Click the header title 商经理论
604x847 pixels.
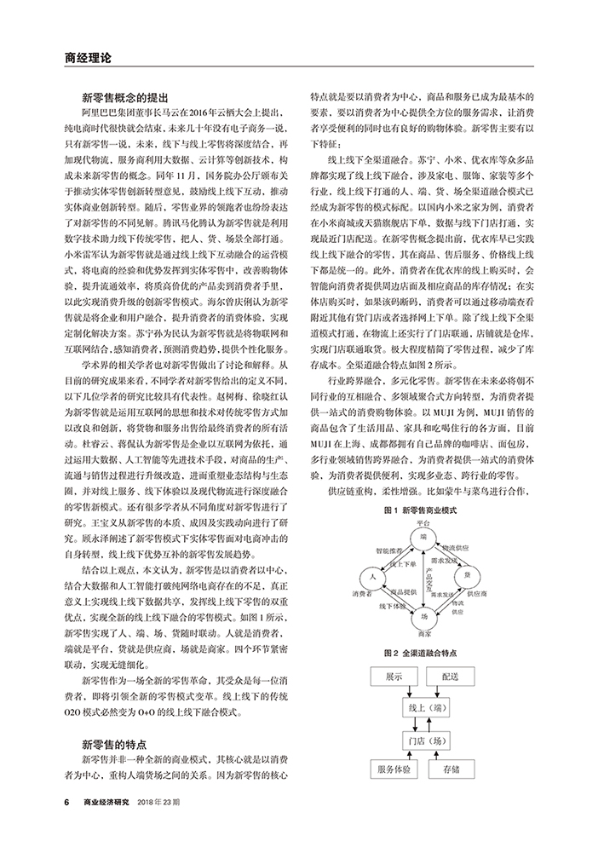point(89,59)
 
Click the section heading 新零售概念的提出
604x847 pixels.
point(126,97)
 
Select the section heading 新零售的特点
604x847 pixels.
point(115,743)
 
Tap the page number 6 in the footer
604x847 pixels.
point(66,802)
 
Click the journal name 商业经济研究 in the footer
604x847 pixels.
point(107,802)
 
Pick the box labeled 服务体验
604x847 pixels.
point(393,770)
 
